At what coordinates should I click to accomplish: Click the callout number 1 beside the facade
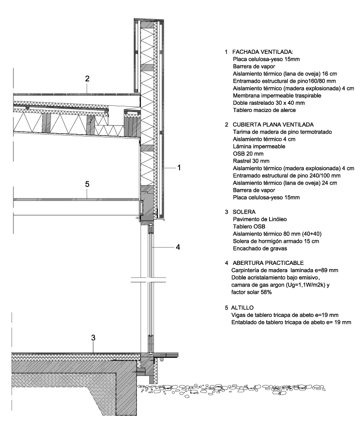click(179, 168)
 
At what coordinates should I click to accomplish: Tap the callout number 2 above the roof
click(87, 78)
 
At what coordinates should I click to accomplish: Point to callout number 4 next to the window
click(178, 248)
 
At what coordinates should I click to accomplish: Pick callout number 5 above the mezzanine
click(87, 183)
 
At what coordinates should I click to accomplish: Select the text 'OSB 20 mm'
click(249, 153)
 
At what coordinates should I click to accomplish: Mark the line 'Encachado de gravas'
click(260, 248)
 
